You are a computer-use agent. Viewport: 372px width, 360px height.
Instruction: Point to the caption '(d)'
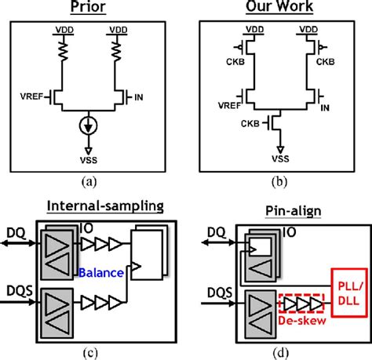tap(280, 351)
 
